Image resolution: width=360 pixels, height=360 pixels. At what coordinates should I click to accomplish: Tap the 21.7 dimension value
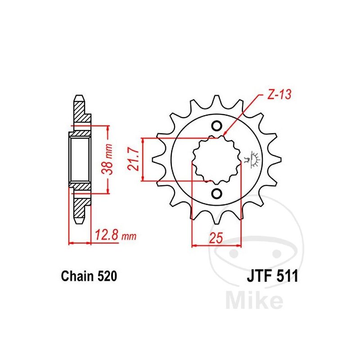click(x=134, y=159)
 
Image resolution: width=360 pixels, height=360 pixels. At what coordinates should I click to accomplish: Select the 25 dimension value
click(x=216, y=238)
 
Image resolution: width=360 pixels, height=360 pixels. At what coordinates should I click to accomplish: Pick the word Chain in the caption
click(x=77, y=276)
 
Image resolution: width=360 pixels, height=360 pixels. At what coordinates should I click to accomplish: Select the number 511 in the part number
click(x=288, y=276)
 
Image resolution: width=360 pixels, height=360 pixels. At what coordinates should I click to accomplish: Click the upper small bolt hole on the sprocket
click(x=216, y=126)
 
